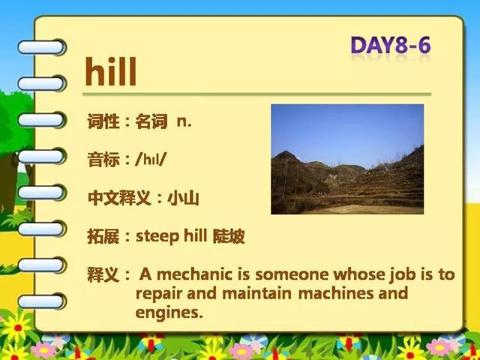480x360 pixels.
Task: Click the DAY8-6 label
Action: click(391, 45)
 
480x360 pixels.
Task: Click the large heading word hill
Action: click(110, 72)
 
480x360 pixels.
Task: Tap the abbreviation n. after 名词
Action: click(184, 121)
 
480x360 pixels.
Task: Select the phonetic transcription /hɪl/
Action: click(150, 159)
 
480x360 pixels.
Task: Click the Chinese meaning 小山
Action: click(183, 198)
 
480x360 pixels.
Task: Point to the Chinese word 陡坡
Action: click(229, 236)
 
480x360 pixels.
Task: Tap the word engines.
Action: click(169, 313)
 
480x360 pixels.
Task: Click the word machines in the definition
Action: click(337, 293)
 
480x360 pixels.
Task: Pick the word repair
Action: click(158, 294)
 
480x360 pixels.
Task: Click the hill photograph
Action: click(347, 159)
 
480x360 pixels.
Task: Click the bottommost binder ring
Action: click(42, 301)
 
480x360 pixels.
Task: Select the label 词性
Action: click(103, 121)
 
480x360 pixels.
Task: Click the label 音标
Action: click(103, 160)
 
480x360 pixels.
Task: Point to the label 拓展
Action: click(103, 236)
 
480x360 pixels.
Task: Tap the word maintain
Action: click(256, 293)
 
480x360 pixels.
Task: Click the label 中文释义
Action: click(119, 198)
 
